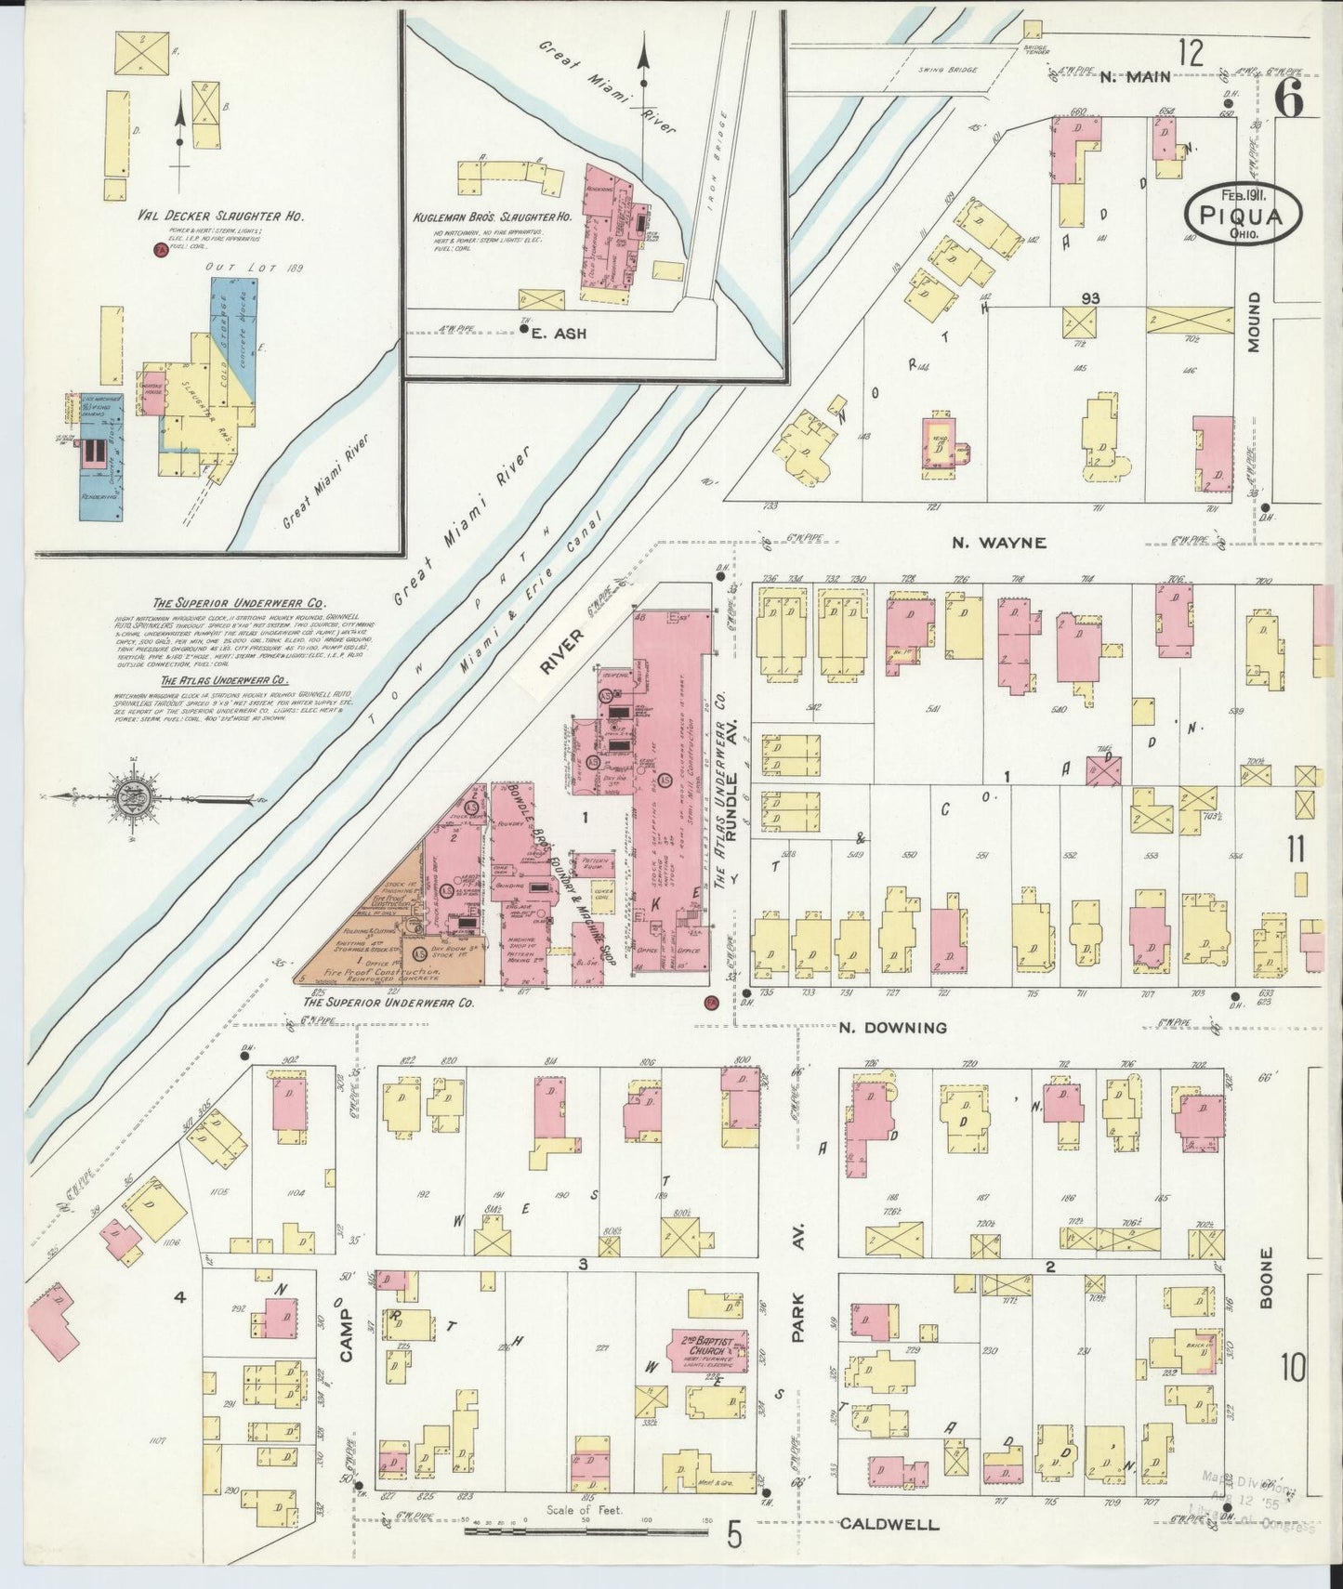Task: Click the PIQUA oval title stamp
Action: click(x=1243, y=214)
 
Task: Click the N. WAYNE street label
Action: click(x=998, y=543)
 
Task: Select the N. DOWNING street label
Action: click(x=892, y=1027)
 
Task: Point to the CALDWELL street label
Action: click(x=889, y=1524)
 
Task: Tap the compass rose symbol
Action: click(x=128, y=796)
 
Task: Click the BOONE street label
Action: click(x=1266, y=1279)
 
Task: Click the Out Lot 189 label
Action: click(x=234, y=266)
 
